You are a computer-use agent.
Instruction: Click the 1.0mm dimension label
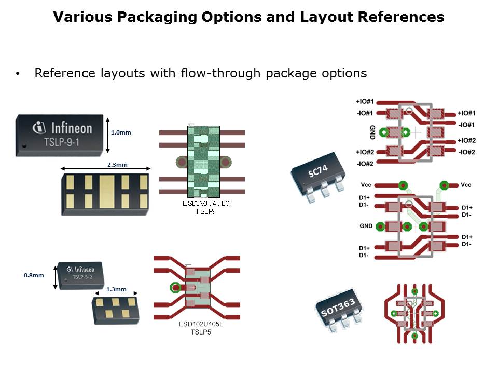pyautogui.click(x=121, y=132)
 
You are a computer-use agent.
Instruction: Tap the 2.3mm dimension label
pyautogui.click(x=117, y=165)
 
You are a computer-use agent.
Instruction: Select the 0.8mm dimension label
pyautogui.click(x=34, y=275)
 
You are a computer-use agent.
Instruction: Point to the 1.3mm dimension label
pyautogui.click(x=116, y=289)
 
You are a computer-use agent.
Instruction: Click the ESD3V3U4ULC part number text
pyautogui.click(x=206, y=203)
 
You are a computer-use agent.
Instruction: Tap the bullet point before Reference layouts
pyautogui.click(x=18, y=74)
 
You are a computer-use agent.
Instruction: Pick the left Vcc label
pyautogui.click(x=367, y=185)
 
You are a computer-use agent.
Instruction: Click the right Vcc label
pyautogui.click(x=466, y=185)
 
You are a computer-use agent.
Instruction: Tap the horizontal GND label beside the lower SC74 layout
pyautogui.click(x=366, y=226)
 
